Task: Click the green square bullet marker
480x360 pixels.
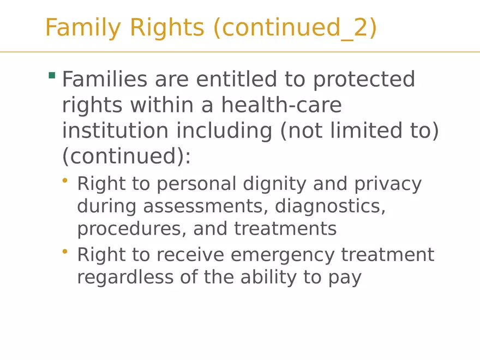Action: coord(52,75)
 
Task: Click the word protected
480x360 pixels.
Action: coord(364,80)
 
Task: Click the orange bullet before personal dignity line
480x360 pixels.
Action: coord(65,180)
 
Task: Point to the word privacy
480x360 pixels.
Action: coord(388,184)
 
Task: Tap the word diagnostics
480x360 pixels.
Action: coord(330,207)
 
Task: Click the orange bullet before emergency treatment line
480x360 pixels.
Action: coord(65,251)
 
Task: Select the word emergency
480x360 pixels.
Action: coord(283,255)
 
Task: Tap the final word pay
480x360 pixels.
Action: coord(344,278)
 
